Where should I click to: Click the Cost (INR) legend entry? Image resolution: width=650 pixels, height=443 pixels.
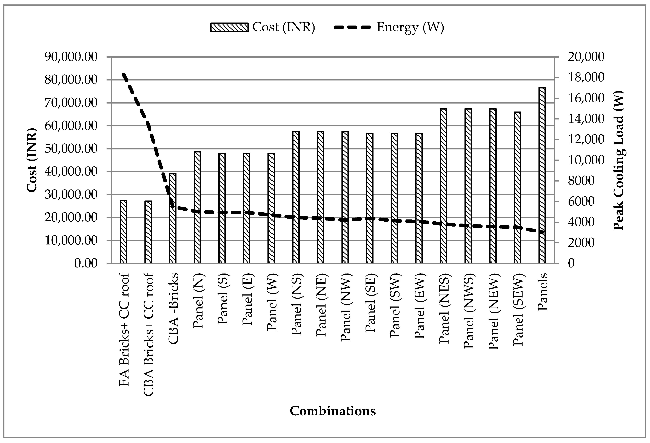coord(263,27)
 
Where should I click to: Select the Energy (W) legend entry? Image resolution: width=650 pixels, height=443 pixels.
coord(389,27)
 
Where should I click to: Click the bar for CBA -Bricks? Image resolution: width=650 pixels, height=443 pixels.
coord(173,218)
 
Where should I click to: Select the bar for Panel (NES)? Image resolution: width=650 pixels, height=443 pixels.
coord(443,186)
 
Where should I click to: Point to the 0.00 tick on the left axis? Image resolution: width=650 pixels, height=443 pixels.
coord(85,263)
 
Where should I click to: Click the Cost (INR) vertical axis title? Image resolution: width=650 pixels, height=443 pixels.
coord(32,160)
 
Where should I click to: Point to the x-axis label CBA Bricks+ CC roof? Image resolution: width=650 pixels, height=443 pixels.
coord(148,335)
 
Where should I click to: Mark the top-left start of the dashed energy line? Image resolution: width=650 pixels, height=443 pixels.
coord(123,74)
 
